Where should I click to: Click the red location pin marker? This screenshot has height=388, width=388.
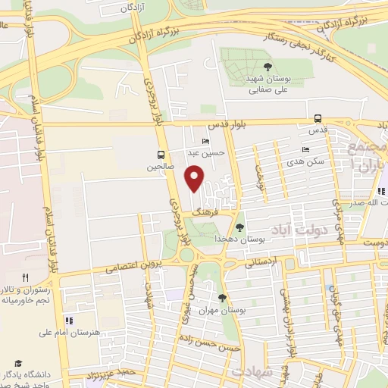(195, 179)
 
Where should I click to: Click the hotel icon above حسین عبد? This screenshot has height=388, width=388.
(205, 141)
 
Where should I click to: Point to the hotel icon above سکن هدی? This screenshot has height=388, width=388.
(305, 149)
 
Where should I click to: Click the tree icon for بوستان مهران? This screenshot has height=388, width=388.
(222, 297)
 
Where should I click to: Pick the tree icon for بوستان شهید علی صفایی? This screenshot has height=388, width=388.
(249, 67)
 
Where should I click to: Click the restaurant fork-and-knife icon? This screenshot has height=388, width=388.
(25, 278)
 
